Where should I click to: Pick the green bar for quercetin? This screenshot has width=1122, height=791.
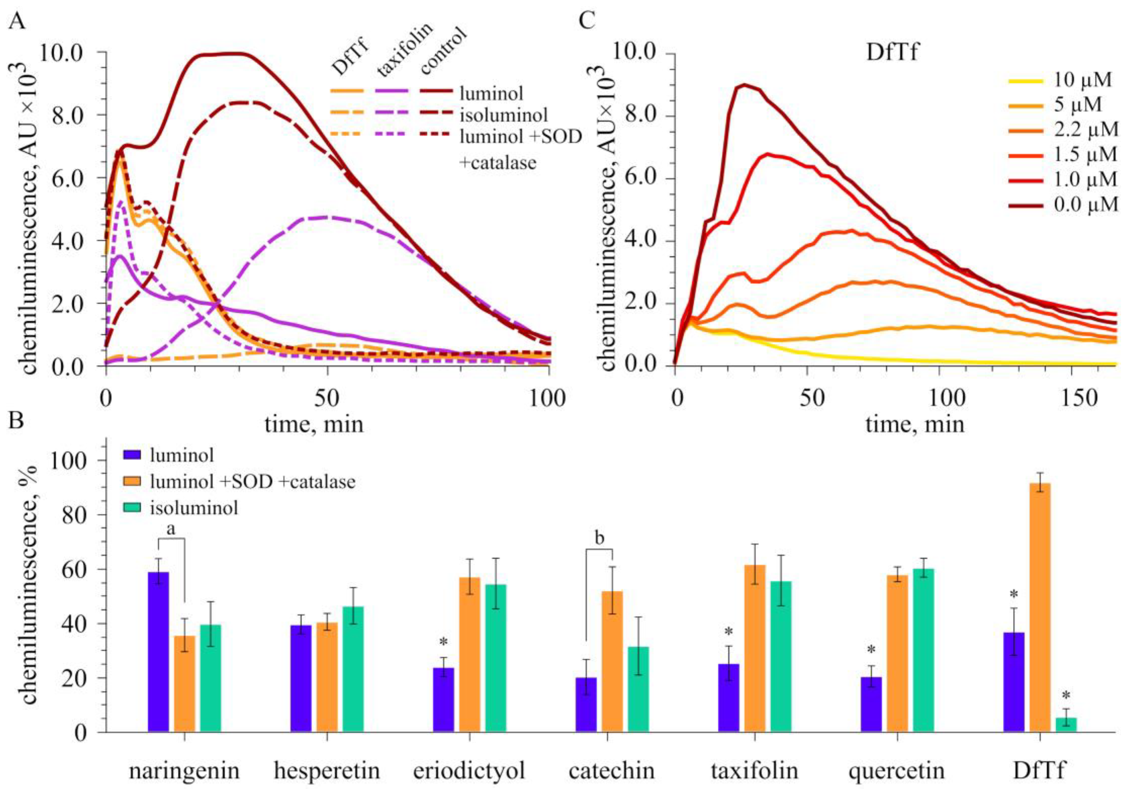[924, 650]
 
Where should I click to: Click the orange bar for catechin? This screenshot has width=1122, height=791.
[612, 662]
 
